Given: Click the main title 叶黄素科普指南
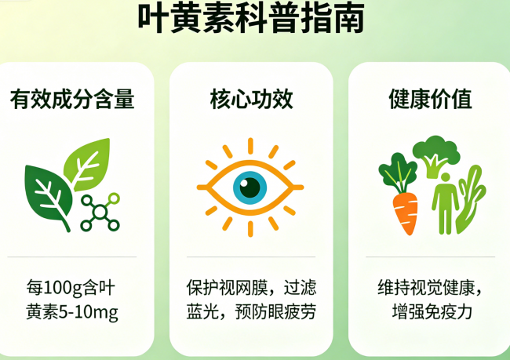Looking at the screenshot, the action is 251,17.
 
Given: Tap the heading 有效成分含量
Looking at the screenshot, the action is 72,99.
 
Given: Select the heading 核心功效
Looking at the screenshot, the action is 251,99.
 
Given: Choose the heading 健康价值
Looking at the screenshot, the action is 430,99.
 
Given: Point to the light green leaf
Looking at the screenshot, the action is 87,164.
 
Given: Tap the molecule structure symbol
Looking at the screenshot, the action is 100,212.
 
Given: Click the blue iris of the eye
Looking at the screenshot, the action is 250,187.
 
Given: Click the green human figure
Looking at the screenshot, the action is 445,203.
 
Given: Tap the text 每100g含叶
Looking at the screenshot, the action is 71,288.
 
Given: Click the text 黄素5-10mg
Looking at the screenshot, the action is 72,312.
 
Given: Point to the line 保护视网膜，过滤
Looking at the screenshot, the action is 251,288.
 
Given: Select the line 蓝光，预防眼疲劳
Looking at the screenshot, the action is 251,311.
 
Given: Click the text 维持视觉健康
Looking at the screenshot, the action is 426,288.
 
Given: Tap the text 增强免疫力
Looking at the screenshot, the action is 432,311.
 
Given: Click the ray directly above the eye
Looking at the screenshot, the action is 250,146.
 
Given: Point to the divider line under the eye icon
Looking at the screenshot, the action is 251,257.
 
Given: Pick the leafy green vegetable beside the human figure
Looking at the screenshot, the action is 470,200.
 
